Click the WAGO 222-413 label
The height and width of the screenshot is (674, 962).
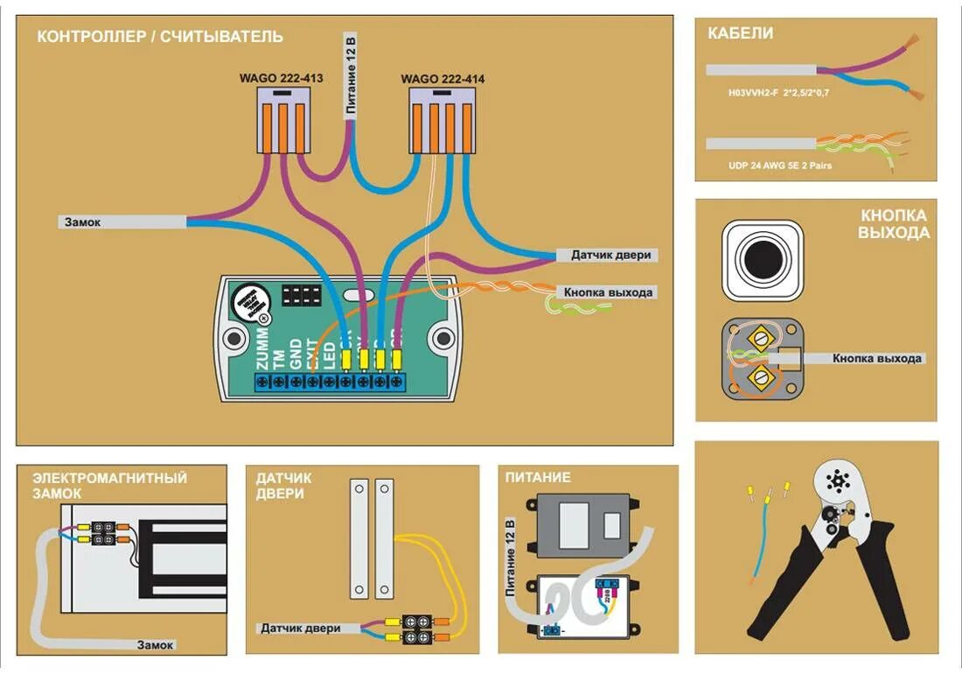pyautogui.click(x=281, y=79)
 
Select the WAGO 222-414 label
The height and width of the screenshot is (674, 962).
pyautogui.click(x=443, y=79)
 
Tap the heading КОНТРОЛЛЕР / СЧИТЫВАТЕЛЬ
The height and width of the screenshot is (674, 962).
pyautogui.click(x=160, y=37)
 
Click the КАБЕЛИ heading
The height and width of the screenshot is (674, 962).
pyautogui.click(x=740, y=34)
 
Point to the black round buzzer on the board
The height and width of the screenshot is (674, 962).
pyautogui.click(x=250, y=305)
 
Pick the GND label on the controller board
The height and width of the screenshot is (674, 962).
pyautogui.click(x=296, y=354)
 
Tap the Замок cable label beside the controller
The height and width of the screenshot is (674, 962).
pyautogui.click(x=82, y=222)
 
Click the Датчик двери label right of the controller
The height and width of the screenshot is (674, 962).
pyautogui.click(x=611, y=256)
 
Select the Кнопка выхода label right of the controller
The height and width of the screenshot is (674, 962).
pyautogui.click(x=608, y=292)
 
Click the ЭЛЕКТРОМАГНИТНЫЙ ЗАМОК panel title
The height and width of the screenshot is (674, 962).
pyautogui.click(x=109, y=485)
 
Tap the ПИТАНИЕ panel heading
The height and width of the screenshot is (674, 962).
pyautogui.click(x=538, y=477)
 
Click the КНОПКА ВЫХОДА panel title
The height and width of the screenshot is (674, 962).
pyautogui.click(x=893, y=224)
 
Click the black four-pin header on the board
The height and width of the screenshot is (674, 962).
pyautogui.click(x=301, y=294)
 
